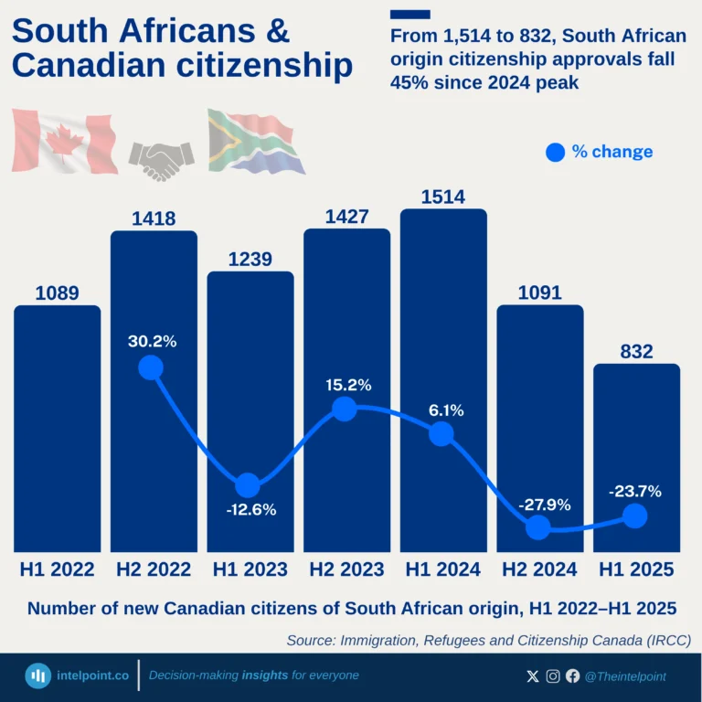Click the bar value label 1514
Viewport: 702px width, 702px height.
click(443, 197)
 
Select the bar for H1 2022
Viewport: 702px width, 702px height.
click(58, 430)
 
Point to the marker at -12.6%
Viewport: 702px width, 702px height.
click(247, 486)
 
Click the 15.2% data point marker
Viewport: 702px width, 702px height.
click(344, 409)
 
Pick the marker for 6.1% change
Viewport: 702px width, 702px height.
click(441, 433)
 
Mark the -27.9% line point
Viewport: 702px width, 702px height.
click(538, 526)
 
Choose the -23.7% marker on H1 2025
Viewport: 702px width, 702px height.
click(635, 516)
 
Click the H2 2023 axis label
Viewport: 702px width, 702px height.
click(346, 569)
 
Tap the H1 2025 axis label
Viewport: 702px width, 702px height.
click(636, 569)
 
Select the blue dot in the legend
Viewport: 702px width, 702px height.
click(555, 153)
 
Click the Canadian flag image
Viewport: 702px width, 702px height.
click(64, 140)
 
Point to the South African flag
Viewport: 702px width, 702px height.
click(256, 142)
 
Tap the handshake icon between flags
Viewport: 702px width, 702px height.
click(161, 160)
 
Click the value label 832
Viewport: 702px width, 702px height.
click(636, 352)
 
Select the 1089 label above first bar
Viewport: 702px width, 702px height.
click(57, 293)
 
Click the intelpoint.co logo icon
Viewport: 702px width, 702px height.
click(38, 676)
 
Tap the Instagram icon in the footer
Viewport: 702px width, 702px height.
click(553, 676)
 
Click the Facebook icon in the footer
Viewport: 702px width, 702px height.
click(572, 676)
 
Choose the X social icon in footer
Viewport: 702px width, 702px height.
click(534, 676)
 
